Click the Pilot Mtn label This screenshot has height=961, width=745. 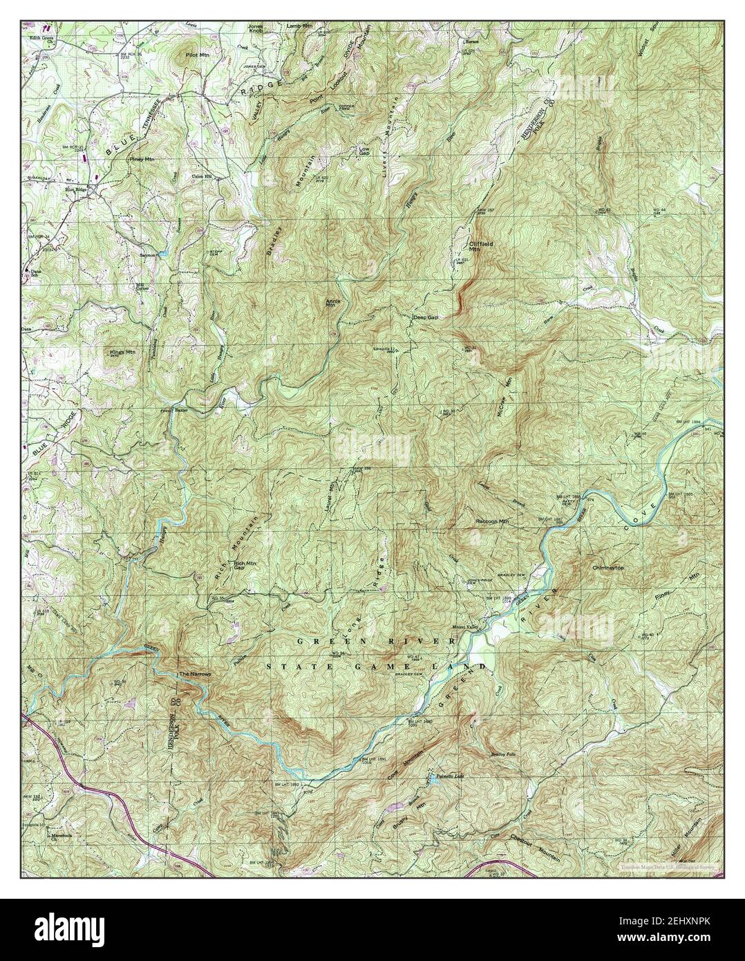click(x=197, y=53)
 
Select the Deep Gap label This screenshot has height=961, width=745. click(x=425, y=317)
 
